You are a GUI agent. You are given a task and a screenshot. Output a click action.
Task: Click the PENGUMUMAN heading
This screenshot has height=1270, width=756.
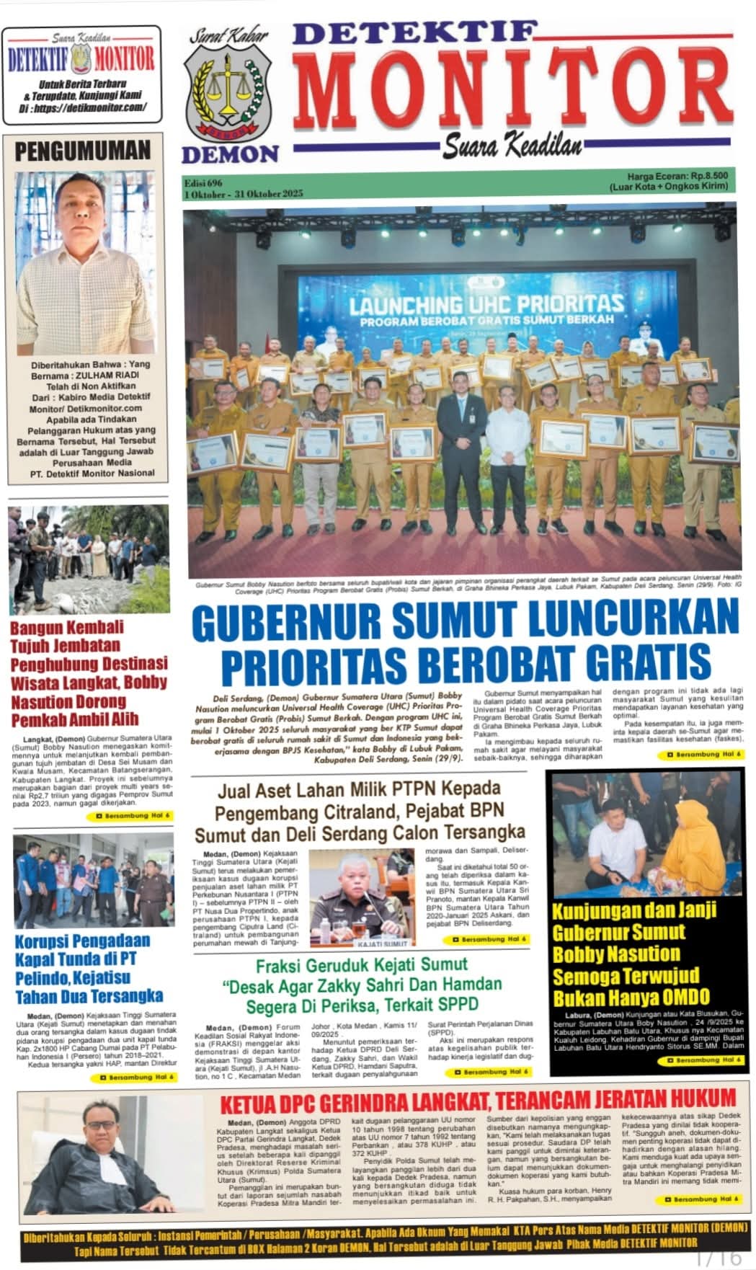(83, 151)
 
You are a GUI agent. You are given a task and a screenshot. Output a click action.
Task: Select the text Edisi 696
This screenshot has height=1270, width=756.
(203, 183)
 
